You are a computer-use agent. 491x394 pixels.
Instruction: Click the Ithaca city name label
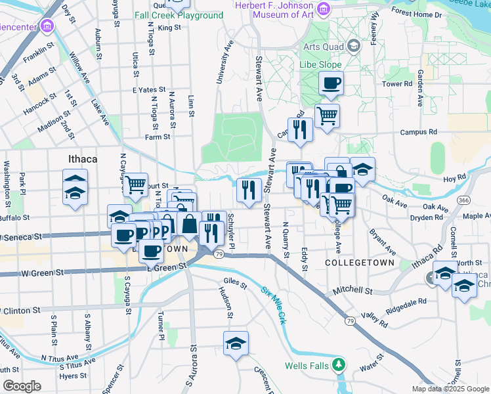(x=83, y=159)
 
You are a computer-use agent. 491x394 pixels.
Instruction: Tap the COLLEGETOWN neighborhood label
(x=360, y=262)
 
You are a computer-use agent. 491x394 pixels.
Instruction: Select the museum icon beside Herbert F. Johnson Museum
(x=322, y=9)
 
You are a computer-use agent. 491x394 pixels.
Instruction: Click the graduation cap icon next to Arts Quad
(x=354, y=46)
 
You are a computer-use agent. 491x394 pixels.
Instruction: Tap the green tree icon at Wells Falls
(x=338, y=364)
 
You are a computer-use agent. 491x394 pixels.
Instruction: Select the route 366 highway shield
(x=464, y=200)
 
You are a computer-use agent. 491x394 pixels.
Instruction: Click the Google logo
(x=22, y=385)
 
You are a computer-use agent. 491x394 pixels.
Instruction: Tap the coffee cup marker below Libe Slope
(x=331, y=83)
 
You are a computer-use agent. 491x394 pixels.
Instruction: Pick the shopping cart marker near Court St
(x=135, y=185)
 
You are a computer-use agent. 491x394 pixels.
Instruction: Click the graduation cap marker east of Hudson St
(x=236, y=343)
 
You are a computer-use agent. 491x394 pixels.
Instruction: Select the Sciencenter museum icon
(x=46, y=27)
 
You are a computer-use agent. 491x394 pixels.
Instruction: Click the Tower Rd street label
(x=396, y=84)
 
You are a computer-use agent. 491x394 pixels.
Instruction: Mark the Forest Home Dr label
(x=434, y=14)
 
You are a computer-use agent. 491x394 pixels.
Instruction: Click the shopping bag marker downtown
(x=189, y=224)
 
